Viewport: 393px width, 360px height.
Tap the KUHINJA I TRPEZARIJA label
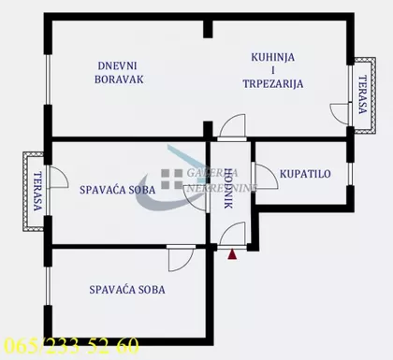pyautogui.click(x=277, y=69)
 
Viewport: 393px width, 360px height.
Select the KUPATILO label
pyautogui.click(x=305, y=174)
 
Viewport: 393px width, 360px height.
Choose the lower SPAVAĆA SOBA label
pyautogui.click(x=128, y=290)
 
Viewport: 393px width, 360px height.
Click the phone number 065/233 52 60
pyautogui.click(x=71, y=345)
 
